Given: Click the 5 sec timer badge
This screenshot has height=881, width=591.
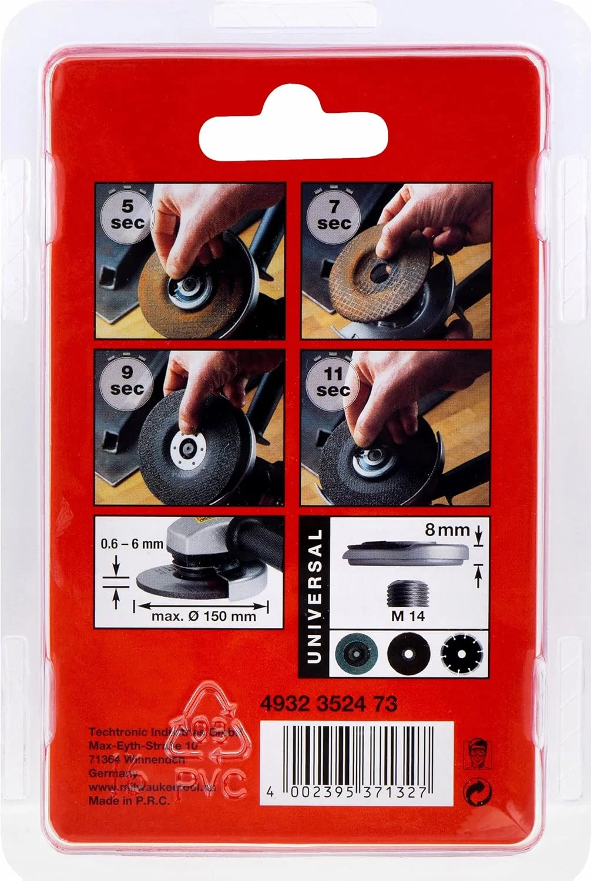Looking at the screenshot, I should point(127,214).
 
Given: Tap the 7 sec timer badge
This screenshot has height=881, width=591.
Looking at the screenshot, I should point(333,214).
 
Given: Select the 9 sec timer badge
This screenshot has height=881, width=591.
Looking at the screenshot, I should point(127,380).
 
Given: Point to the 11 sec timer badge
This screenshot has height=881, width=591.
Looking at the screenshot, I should point(333,381).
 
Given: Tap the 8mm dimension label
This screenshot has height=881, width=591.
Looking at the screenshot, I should point(447,530).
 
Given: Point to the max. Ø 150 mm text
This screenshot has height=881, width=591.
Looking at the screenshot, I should point(203,616).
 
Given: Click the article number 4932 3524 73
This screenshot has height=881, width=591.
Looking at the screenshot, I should point(328,704).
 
